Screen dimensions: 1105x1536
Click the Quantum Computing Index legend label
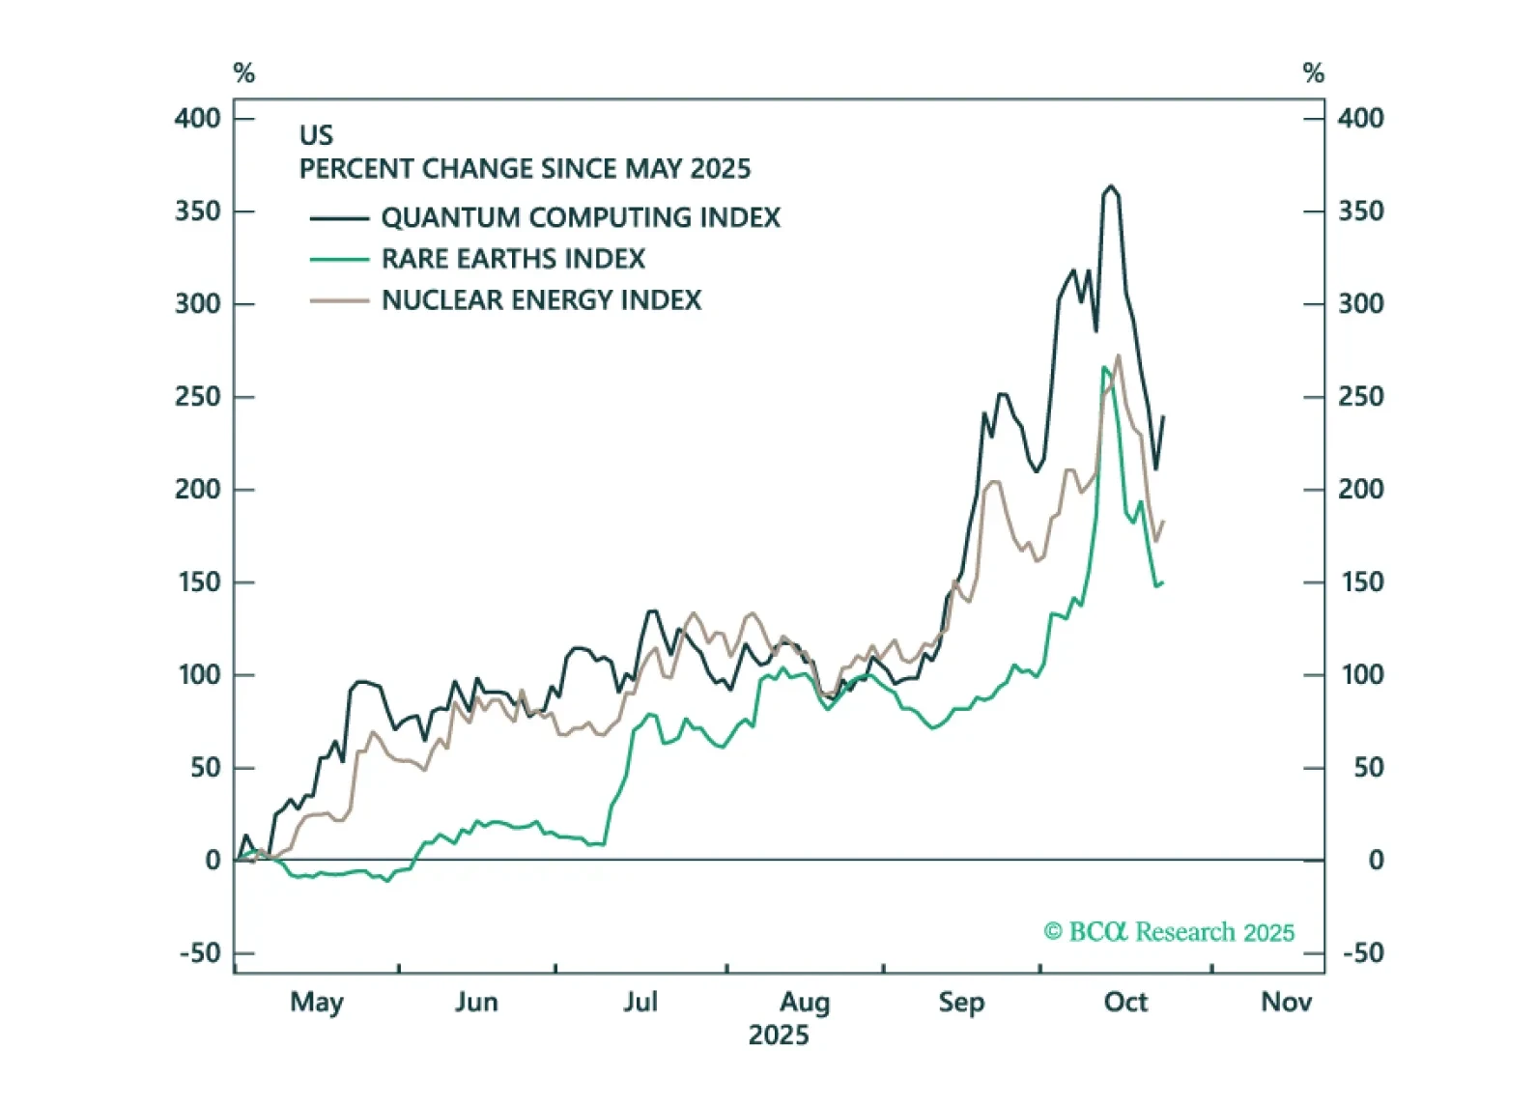pyautogui.click(x=581, y=217)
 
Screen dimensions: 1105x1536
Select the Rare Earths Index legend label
pyautogui.click(x=513, y=259)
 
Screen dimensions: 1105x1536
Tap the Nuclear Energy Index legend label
pyautogui.click(x=541, y=300)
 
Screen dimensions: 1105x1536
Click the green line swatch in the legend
pyautogui.click(x=339, y=259)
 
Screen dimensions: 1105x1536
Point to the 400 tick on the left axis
pyautogui.click(x=198, y=118)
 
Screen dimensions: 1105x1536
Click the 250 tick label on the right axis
pyautogui.click(x=1360, y=396)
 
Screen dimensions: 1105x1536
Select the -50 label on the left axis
pyautogui.click(x=200, y=953)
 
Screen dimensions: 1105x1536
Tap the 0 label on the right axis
pyautogui.click(x=1376, y=860)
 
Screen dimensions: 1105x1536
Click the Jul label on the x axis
pyautogui.click(x=640, y=1002)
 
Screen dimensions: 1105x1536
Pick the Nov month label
pyautogui.click(x=1286, y=1002)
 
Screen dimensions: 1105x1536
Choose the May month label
pyautogui.click(x=317, y=1002)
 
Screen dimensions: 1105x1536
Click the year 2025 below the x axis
pyautogui.click(x=778, y=1035)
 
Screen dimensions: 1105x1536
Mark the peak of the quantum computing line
pyautogui.click(x=1111, y=186)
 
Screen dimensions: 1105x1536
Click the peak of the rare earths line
pyautogui.click(x=1104, y=367)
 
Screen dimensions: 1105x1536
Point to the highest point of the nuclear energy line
pyautogui.click(x=1119, y=355)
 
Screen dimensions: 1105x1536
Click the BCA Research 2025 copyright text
pyautogui.click(x=1169, y=932)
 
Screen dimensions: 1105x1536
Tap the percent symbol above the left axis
pyautogui.click(x=243, y=73)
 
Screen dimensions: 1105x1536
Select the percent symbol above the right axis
pyautogui.click(x=1313, y=73)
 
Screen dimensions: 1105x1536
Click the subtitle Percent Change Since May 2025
pyautogui.click(x=525, y=169)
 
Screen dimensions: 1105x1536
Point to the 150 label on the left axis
pyautogui.click(x=200, y=581)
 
